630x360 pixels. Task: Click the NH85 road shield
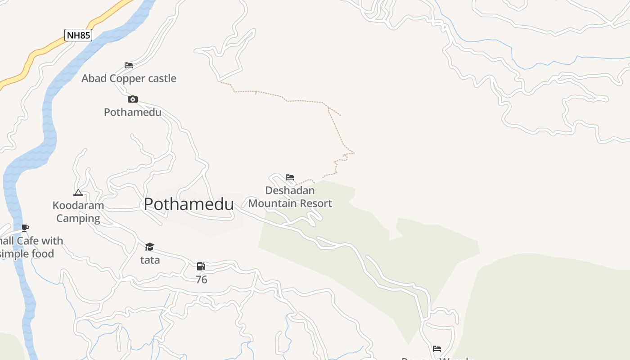(78, 35)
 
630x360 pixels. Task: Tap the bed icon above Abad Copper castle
(129, 65)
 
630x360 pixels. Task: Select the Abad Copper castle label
(129, 78)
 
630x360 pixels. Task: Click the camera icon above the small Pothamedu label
(132, 99)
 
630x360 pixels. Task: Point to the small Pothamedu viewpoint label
(132, 112)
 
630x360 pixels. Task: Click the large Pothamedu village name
(189, 204)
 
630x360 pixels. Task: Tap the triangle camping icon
(78, 193)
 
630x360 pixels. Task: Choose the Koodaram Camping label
(78, 211)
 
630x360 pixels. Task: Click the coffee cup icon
(25, 228)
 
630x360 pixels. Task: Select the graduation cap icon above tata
(150, 247)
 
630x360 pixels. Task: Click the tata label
(150, 260)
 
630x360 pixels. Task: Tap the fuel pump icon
(201, 266)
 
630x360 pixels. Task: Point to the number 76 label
(201, 280)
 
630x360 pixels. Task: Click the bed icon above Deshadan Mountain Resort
(290, 177)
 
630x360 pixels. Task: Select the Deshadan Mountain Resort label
(290, 197)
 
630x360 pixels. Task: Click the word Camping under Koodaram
(78, 219)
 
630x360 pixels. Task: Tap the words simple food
(27, 254)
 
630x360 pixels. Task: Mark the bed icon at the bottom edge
(436, 348)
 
